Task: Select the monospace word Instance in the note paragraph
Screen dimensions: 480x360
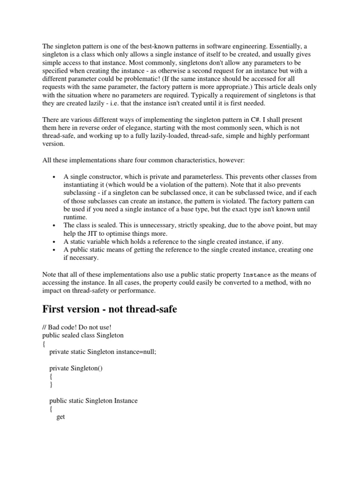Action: pyautogui.click(x=256, y=275)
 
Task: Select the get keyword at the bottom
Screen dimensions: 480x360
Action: pyautogui.click(x=60, y=417)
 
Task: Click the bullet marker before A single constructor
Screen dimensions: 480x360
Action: pyautogui.click(x=55, y=177)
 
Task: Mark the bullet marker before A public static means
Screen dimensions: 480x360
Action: pyautogui.click(x=55, y=250)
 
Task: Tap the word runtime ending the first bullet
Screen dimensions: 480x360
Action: pyautogui.click(x=76, y=217)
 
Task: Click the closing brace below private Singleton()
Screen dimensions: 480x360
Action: pyautogui.click(x=51, y=384)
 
